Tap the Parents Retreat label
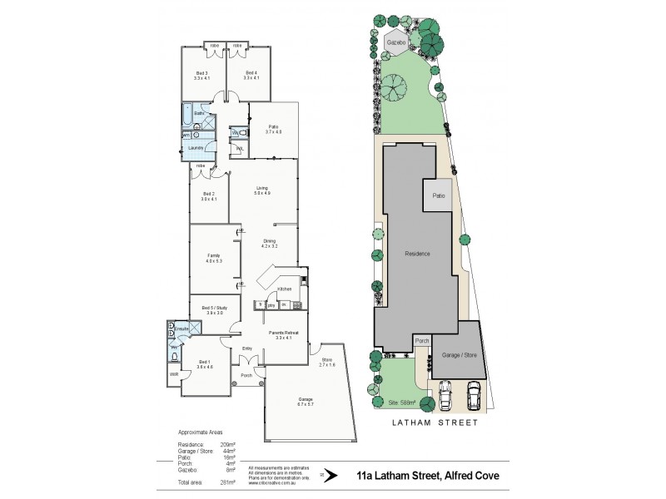pos(283,334)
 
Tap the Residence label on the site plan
pos(417,253)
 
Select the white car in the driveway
pos(475,395)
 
